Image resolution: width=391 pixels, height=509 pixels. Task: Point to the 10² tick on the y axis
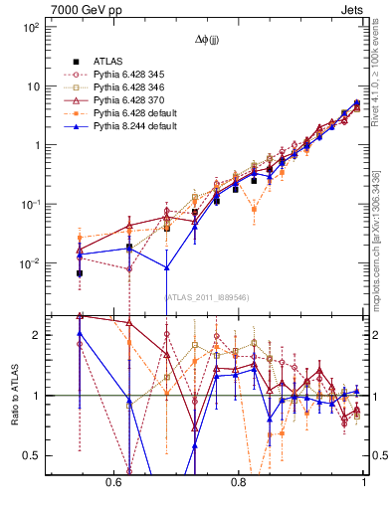[x=30, y=27]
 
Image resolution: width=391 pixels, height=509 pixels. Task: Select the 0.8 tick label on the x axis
[x=238, y=482]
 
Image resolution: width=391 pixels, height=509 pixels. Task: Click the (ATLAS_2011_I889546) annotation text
[x=207, y=296]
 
